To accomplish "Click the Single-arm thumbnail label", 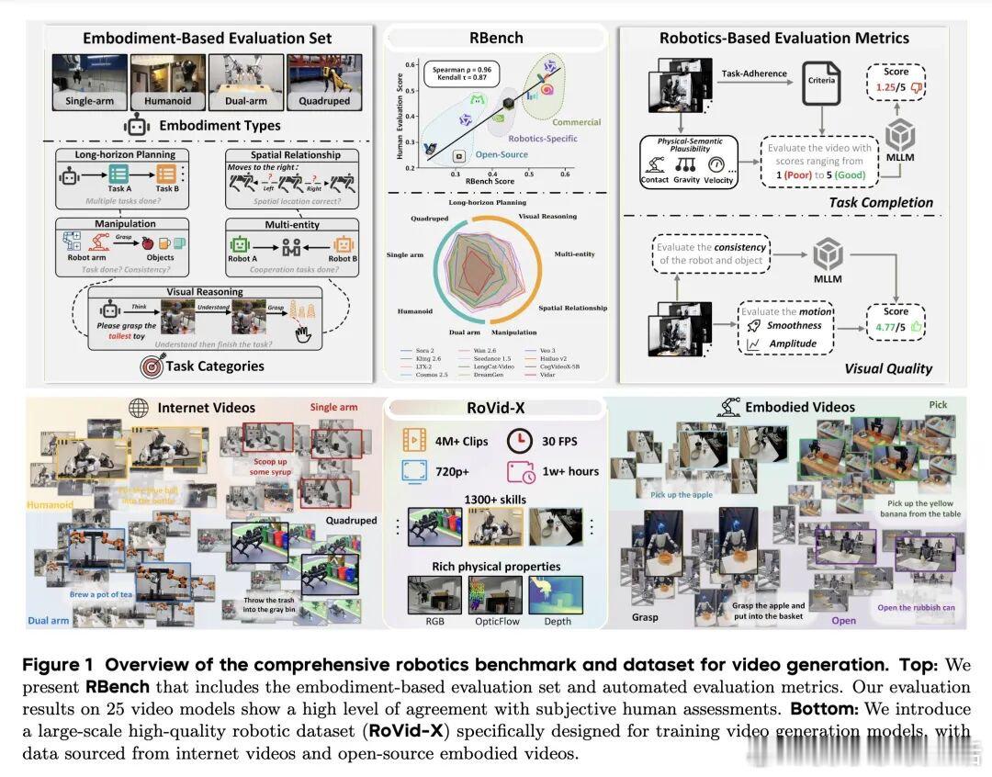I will tap(90, 101).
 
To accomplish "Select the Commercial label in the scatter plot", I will tap(576, 122).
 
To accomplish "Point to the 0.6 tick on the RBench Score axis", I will tap(565, 174).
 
